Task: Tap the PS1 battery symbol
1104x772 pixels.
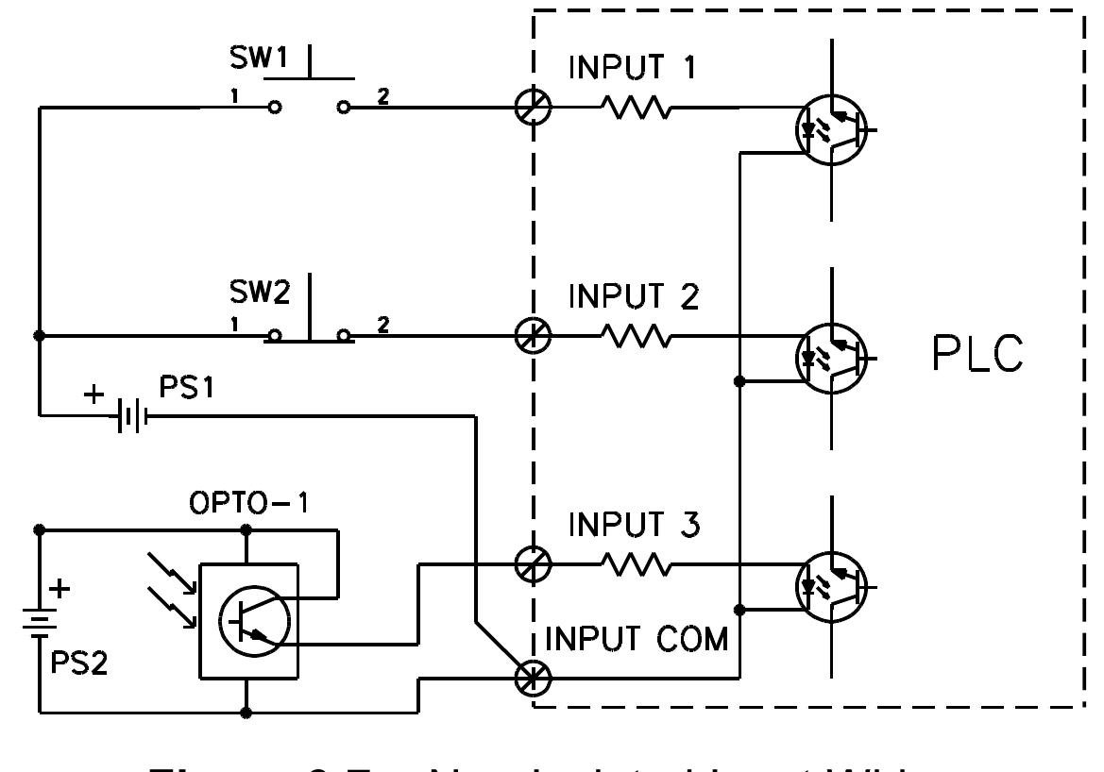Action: click(x=130, y=414)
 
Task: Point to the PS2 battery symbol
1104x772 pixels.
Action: click(x=40, y=623)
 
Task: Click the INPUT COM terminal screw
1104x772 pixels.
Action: click(x=533, y=677)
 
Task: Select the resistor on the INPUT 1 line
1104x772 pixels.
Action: click(x=636, y=109)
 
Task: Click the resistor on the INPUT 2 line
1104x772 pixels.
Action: click(x=636, y=336)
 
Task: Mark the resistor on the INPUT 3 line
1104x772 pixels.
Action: click(x=636, y=565)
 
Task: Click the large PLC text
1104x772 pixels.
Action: click(x=977, y=355)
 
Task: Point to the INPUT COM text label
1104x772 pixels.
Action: click(x=638, y=640)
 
